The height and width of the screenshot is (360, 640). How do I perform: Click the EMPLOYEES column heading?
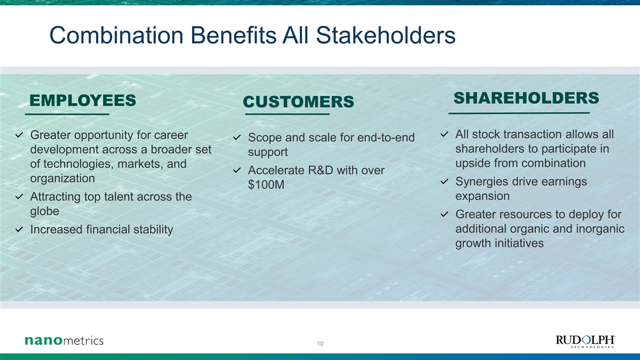pyautogui.click(x=83, y=100)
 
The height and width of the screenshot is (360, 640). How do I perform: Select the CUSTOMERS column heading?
pyautogui.click(x=298, y=101)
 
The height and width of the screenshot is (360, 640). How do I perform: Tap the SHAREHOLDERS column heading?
pyautogui.click(x=526, y=98)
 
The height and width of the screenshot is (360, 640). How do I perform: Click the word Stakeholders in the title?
pyautogui.click(x=385, y=35)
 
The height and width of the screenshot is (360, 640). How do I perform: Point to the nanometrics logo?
pyautogui.click(x=64, y=340)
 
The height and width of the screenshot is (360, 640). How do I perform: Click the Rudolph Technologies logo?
pyautogui.click(x=585, y=341)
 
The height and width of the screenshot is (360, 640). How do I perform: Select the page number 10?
pyautogui.click(x=320, y=343)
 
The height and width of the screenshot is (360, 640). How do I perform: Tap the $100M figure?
pyautogui.click(x=266, y=184)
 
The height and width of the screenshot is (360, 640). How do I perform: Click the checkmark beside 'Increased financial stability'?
pyautogui.click(x=19, y=229)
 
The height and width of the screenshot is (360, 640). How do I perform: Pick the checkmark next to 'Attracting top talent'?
pyautogui.click(x=19, y=196)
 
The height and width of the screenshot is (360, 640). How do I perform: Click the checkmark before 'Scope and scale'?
pyautogui.click(x=237, y=137)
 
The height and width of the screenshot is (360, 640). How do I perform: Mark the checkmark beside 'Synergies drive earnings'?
pyautogui.click(x=444, y=181)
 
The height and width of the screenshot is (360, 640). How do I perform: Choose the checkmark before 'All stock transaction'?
pyautogui.click(x=444, y=134)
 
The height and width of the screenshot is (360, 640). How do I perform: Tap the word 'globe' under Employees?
pyautogui.click(x=44, y=211)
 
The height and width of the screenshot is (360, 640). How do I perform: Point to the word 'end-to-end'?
pyautogui.click(x=385, y=137)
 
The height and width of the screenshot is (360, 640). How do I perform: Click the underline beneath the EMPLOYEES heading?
pyautogui.click(x=67, y=114)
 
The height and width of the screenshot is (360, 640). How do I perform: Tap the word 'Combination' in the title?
pyautogui.click(x=116, y=35)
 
